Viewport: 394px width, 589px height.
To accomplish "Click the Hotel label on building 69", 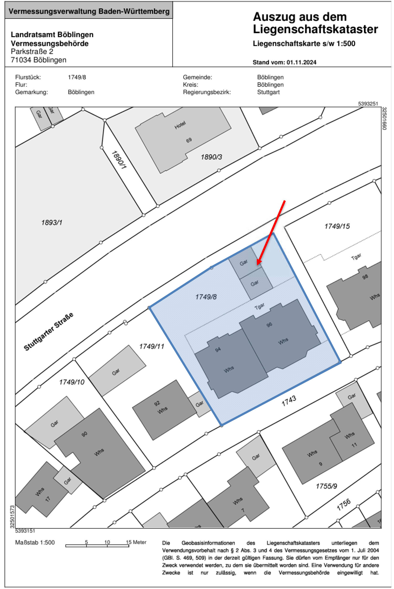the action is click(x=180, y=125).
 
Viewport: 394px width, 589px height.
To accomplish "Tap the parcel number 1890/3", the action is click(x=211, y=157).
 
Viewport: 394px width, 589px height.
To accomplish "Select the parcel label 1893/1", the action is click(x=52, y=223).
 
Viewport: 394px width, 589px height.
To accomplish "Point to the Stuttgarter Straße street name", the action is click(x=48, y=332).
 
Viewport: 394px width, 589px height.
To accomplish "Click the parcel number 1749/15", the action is click(x=337, y=226).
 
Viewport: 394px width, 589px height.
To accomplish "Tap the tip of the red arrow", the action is click(x=257, y=265).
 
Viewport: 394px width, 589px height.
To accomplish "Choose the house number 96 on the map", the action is click(x=269, y=325).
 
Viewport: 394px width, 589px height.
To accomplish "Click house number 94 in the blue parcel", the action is click(x=218, y=349).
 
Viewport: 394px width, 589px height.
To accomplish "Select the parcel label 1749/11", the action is click(x=152, y=347).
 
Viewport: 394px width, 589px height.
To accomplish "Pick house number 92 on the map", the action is click(x=157, y=403).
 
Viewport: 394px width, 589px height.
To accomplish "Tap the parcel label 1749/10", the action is click(x=72, y=382).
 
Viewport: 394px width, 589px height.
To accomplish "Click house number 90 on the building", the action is click(x=84, y=434).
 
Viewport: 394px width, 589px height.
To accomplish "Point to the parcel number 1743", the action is click(x=289, y=401).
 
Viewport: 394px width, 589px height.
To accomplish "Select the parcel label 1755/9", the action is click(x=326, y=486).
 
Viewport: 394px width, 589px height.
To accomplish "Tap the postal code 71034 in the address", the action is click(x=21, y=60).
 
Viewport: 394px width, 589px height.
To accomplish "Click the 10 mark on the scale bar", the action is click(x=107, y=542).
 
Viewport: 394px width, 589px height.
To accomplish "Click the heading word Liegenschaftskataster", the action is click(x=315, y=29).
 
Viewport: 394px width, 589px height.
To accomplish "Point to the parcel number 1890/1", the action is click(x=119, y=160).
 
